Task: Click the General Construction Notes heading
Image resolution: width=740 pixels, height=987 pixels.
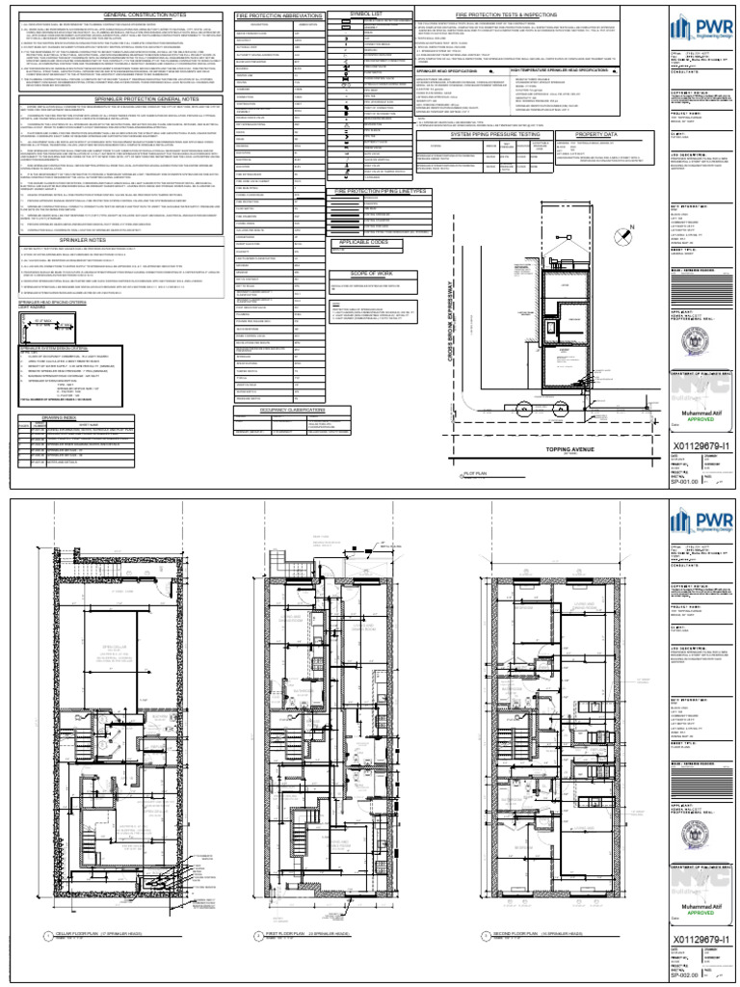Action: point(115,16)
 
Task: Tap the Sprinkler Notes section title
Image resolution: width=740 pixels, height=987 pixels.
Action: point(115,237)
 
